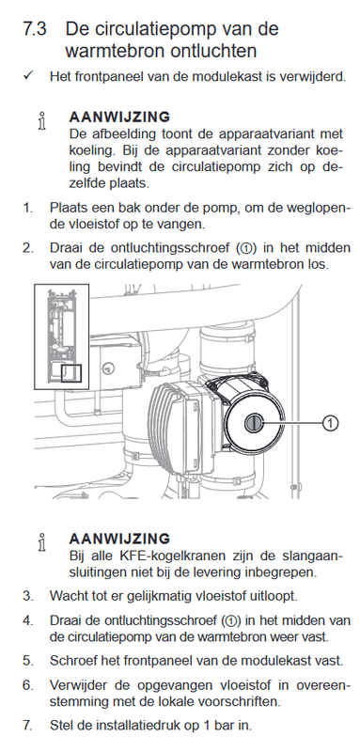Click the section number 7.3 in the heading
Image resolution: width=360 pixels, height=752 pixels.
35,29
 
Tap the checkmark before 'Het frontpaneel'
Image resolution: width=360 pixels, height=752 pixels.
27,76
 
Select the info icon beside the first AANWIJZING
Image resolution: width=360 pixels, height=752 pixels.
42,121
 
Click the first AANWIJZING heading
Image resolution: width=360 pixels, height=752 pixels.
119,117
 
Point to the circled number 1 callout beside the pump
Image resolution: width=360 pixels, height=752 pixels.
330,422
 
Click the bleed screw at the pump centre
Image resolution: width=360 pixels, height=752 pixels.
254,423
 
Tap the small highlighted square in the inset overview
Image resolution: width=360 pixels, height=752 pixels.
71,373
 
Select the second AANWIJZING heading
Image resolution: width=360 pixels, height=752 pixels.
119,539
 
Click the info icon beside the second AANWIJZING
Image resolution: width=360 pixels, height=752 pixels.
42,542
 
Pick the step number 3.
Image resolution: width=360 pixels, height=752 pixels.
28,596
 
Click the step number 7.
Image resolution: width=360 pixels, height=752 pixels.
28,725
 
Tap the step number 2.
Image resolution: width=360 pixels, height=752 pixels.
28,248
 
